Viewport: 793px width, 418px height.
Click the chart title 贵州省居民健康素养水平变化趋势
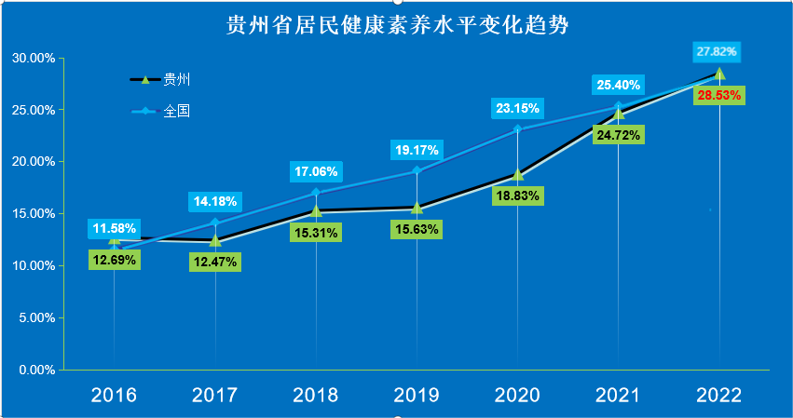tap(397, 25)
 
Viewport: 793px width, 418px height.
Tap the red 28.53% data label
tap(718, 95)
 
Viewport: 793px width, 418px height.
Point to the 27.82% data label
tap(718, 51)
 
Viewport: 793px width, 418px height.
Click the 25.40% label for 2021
tap(618, 85)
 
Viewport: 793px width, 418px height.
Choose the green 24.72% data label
tap(618, 135)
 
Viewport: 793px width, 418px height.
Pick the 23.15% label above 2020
tap(517, 108)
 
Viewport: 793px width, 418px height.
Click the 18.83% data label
tap(517, 196)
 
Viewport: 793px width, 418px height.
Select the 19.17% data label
tap(417, 149)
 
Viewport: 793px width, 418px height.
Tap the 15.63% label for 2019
tap(417, 229)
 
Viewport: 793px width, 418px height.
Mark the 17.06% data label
tap(316, 171)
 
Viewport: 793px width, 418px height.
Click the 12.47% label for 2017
tap(215, 262)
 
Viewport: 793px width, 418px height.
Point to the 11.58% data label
tap(114, 227)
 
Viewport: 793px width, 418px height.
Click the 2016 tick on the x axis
tap(114, 395)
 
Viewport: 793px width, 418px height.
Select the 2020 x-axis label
tap(517, 395)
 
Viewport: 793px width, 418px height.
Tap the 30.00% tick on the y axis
tap(33, 58)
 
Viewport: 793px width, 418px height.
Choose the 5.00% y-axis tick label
tap(35, 317)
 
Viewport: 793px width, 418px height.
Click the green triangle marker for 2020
tap(517, 174)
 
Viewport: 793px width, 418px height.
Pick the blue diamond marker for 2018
tap(316, 193)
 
